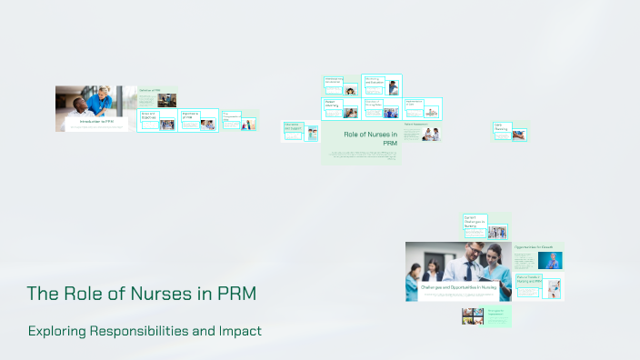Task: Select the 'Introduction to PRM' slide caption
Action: [x=96, y=121]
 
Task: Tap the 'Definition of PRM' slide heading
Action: [x=149, y=90]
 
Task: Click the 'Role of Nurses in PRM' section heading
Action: [x=371, y=138]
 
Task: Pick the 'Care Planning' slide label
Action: [x=502, y=128]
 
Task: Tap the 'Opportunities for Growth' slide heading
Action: [x=534, y=246]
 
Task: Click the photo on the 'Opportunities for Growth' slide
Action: [x=549, y=260]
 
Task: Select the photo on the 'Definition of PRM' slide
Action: [x=166, y=100]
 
